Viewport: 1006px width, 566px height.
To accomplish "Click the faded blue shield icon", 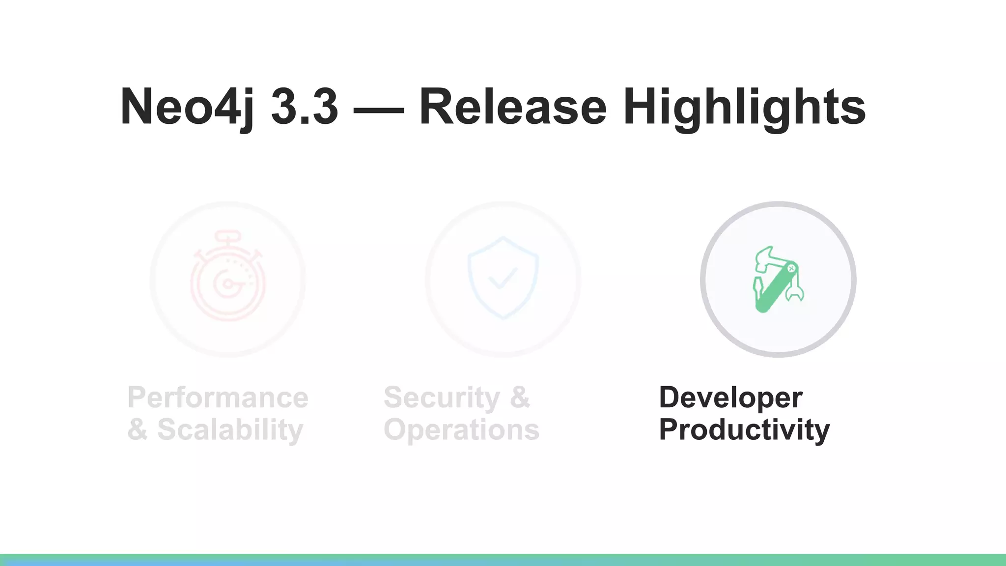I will [x=503, y=278].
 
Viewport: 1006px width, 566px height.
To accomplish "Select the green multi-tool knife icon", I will [x=778, y=279].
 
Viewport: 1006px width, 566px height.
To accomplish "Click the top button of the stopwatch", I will [x=227, y=236].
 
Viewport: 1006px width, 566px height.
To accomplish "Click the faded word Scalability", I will [x=230, y=429].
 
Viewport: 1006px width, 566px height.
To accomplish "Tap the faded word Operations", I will [x=461, y=429].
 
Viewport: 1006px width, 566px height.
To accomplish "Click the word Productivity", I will [x=744, y=429].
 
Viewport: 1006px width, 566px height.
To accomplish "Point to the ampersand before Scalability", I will [x=138, y=429].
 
